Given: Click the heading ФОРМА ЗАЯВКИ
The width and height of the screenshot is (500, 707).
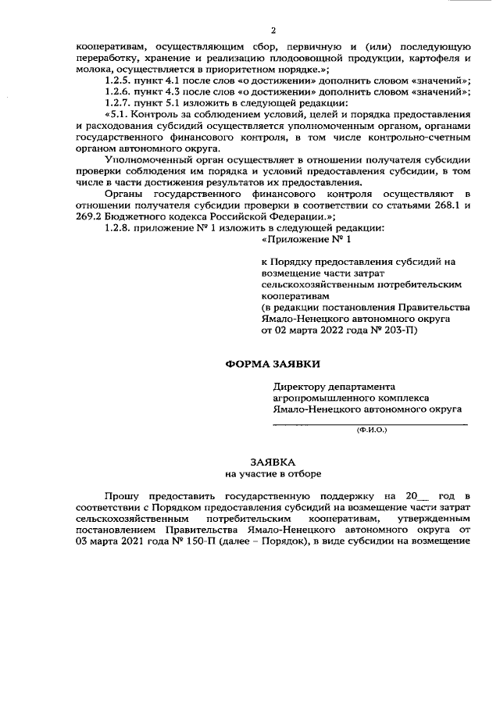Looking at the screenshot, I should pos(273,364).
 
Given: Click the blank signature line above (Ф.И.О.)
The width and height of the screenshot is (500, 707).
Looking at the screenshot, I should pos(370,423).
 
